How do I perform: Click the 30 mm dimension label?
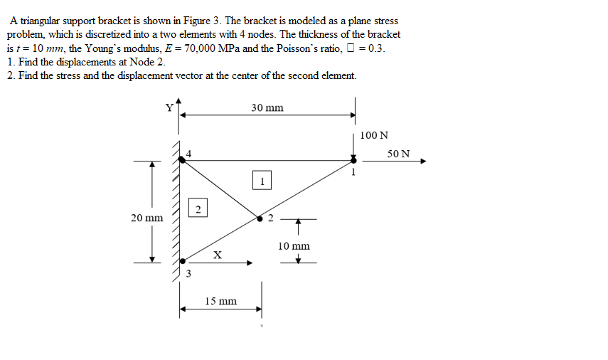tap(267, 107)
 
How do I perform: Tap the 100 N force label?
tap(374, 135)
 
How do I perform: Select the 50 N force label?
tap(399, 153)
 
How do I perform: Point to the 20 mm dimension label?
tap(146, 217)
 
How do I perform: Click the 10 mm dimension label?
tap(294, 246)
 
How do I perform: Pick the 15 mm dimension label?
tap(220, 301)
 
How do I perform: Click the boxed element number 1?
tap(262, 181)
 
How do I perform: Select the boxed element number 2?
tap(198, 208)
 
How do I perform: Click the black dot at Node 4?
tap(182, 161)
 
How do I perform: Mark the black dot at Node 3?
tap(182, 262)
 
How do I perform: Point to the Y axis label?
tap(169, 107)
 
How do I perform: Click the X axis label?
tap(218, 254)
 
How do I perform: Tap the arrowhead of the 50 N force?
tap(423, 161)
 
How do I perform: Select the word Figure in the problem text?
tap(184, 21)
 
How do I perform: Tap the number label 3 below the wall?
tap(188, 273)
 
